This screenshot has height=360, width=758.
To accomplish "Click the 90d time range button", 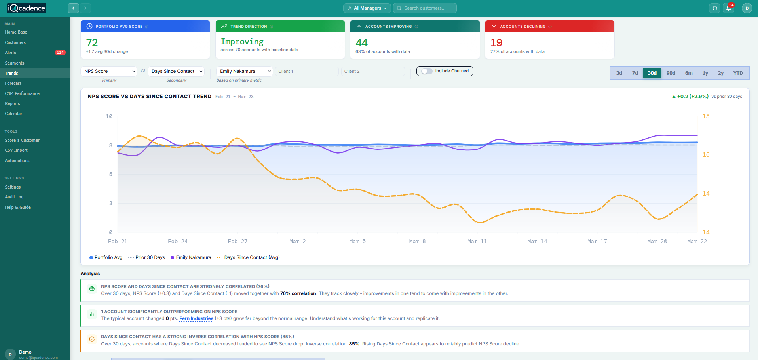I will click(x=671, y=73).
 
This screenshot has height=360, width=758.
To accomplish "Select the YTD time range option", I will click(x=738, y=73).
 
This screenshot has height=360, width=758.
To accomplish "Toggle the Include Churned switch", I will click(x=427, y=71).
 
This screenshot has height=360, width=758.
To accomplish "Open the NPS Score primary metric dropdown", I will click(x=109, y=71).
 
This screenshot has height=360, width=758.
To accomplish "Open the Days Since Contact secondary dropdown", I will click(x=176, y=71).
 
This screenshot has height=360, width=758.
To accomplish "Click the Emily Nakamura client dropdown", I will click(x=245, y=71).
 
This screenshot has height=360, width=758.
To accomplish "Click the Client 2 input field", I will click(x=372, y=71).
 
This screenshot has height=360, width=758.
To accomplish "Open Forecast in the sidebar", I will click(x=13, y=83).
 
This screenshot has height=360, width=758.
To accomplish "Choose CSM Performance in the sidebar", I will click(x=22, y=93).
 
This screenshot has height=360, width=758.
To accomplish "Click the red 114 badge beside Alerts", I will click(x=60, y=53).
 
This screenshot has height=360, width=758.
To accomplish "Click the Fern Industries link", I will click(x=196, y=318).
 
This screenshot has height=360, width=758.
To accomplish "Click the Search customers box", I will click(x=425, y=8).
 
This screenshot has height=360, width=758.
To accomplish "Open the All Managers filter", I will click(x=367, y=8).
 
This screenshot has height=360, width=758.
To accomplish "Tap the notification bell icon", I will click(x=729, y=8).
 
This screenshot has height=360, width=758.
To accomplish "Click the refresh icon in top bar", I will click(x=715, y=8).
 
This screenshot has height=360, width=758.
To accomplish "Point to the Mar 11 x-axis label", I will click(x=477, y=241).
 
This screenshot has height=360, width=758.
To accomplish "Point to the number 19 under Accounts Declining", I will click(x=496, y=43).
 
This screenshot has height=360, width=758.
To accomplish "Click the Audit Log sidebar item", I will click(x=14, y=197).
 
